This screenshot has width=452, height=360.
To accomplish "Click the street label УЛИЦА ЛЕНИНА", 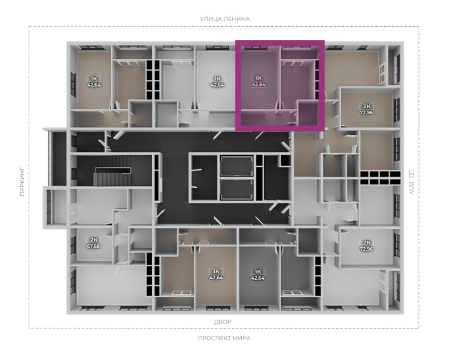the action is (225, 19).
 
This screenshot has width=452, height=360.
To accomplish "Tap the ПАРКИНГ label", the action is (23, 183).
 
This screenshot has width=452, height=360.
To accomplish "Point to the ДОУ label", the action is (411, 188).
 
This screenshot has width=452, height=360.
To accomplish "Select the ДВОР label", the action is (222, 322).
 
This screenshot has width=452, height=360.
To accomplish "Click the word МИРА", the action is (241, 338).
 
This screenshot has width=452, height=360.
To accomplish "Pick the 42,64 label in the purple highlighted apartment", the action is (259, 85).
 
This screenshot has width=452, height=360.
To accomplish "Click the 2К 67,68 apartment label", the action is (94, 243).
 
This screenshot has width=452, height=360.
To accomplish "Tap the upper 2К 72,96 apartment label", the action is (366, 109).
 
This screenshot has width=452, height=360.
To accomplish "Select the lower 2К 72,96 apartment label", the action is (366, 246).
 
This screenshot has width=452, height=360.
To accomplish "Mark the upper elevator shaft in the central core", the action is (237, 166).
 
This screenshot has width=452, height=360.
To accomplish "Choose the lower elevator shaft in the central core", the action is (237, 189).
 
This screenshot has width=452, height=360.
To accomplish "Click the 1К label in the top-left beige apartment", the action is (94, 78).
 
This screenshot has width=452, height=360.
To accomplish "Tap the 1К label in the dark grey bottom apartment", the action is (258, 272).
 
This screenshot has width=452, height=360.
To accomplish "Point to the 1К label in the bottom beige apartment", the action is (216, 271).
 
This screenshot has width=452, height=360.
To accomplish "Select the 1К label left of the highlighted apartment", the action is (217, 78).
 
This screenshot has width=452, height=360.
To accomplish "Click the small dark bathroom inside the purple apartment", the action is (308, 113).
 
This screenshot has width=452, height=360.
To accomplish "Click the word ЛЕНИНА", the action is (238, 19).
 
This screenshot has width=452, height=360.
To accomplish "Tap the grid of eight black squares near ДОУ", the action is (380, 178).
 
